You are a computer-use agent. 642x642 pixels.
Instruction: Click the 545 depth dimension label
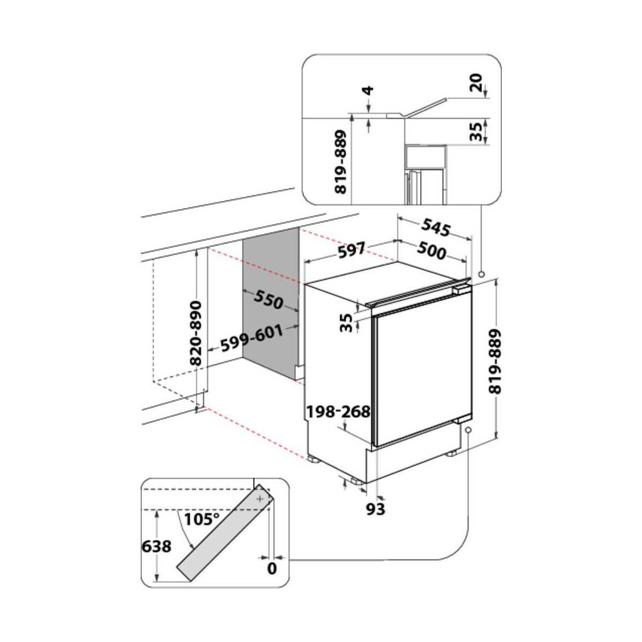[436, 228]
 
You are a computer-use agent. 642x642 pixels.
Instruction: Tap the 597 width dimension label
[352, 250]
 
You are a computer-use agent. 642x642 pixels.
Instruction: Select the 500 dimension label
[431, 250]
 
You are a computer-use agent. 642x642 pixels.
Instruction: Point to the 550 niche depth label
[268, 299]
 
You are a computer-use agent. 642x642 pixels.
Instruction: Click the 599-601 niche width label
[252, 338]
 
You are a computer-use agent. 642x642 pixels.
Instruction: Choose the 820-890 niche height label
[196, 333]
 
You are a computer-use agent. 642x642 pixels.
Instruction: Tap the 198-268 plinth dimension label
[338, 412]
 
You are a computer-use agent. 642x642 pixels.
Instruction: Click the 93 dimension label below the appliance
[376, 509]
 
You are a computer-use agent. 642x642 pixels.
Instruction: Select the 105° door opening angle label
[202, 519]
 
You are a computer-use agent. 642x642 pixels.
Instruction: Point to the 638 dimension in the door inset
[157, 546]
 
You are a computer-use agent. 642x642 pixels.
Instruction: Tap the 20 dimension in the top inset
[477, 82]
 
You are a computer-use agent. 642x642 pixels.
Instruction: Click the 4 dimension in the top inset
[368, 90]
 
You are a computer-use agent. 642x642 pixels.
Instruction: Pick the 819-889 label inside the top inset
[340, 162]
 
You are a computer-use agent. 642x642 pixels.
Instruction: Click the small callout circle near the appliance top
[481, 274]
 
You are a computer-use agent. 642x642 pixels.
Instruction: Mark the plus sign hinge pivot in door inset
[260, 499]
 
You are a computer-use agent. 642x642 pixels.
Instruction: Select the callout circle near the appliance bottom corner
[469, 430]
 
